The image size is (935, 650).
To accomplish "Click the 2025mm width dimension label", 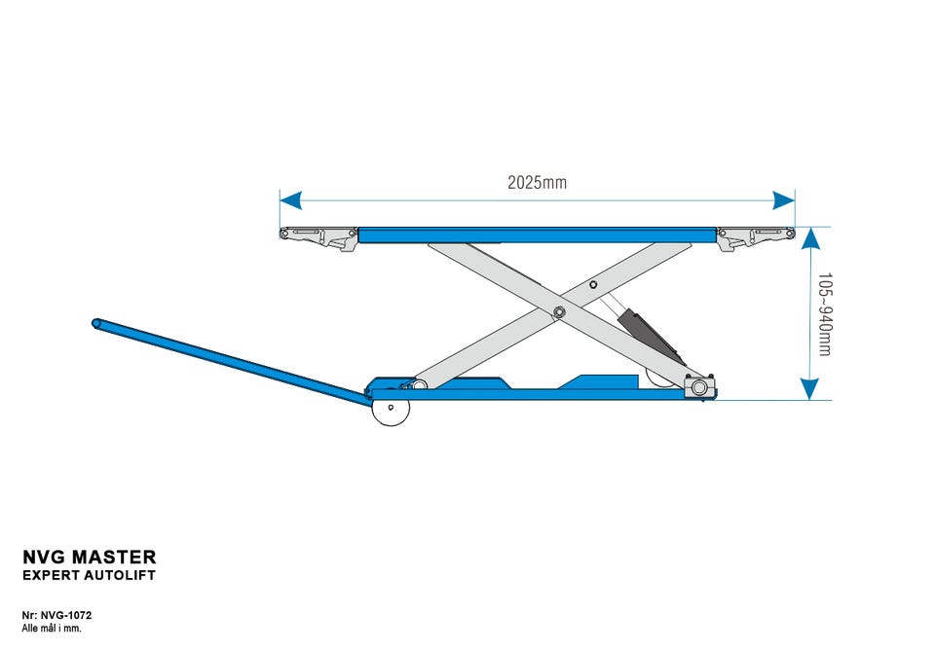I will (537, 182).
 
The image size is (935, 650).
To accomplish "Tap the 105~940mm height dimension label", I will (824, 313).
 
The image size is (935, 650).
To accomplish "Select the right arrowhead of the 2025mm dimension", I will (784, 200).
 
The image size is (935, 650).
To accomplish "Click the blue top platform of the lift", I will (537, 235).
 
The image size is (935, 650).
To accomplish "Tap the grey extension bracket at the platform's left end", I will (318, 236).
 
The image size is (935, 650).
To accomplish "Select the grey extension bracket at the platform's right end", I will (755, 236).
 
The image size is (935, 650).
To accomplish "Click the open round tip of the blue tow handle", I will (97, 323).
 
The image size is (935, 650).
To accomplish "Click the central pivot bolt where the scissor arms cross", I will (560, 311).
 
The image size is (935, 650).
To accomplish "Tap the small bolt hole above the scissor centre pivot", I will (593, 286).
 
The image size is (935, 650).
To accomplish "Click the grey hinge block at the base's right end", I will (699, 387).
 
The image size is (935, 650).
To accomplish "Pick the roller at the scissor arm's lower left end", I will (419, 384).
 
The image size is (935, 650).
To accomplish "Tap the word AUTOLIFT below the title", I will (120, 576).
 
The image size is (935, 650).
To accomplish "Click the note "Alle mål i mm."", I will (52, 629).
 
